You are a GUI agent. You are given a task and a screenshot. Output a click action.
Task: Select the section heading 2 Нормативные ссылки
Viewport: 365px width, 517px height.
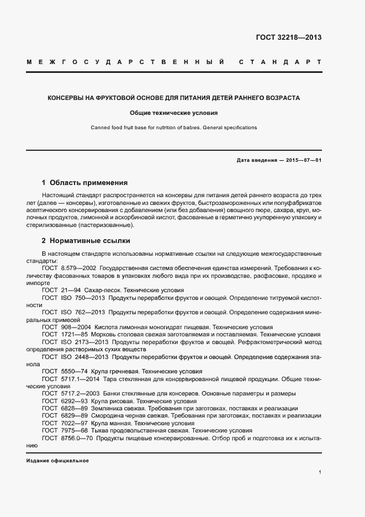pyautogui.click(x=86, y=241)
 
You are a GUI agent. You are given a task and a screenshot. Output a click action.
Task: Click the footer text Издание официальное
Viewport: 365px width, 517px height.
pyautogui.click(x=57, y=461)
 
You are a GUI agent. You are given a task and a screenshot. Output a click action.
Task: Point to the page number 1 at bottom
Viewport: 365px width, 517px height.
pyautogui.click(x=320, y=472)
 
